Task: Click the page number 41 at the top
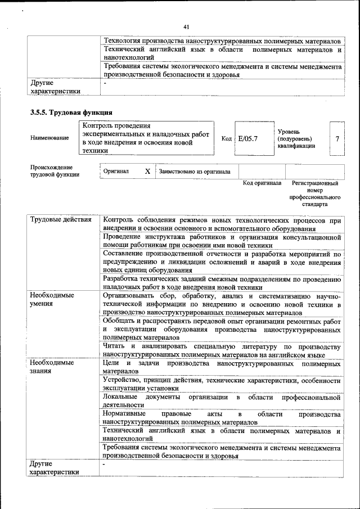click(187, 26)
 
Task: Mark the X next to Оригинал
click(147, 171)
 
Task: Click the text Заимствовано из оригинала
click(195, 172)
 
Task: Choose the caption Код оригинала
click(262, 183)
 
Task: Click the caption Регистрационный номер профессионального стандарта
click(314, 194)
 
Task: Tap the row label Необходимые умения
click(52, 299)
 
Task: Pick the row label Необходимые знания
click(52, 367)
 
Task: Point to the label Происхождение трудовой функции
click(55, 171)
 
